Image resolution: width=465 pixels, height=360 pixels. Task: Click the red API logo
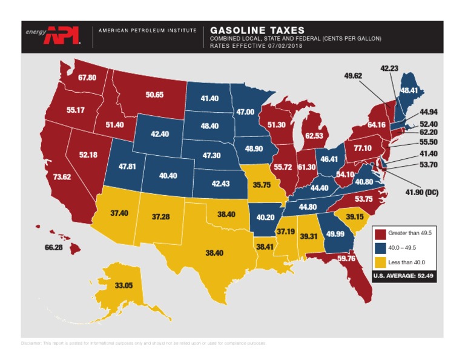[63, 35]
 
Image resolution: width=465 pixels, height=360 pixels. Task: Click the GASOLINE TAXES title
[257, 30]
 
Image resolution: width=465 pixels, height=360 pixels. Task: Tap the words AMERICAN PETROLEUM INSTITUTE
[147, 30]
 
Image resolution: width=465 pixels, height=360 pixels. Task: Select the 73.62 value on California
[62, 177]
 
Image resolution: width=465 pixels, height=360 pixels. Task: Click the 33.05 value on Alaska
[124, 285]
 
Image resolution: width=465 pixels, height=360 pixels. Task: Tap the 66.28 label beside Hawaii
[53, 247]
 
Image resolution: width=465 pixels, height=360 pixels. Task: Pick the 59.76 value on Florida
[346, 258]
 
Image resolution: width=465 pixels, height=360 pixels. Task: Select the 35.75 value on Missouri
[262, 185]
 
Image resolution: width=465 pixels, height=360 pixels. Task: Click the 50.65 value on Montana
[154, 95]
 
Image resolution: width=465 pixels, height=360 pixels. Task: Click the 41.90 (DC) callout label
[421, 193]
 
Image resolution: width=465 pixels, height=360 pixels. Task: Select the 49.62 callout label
[353, 76]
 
